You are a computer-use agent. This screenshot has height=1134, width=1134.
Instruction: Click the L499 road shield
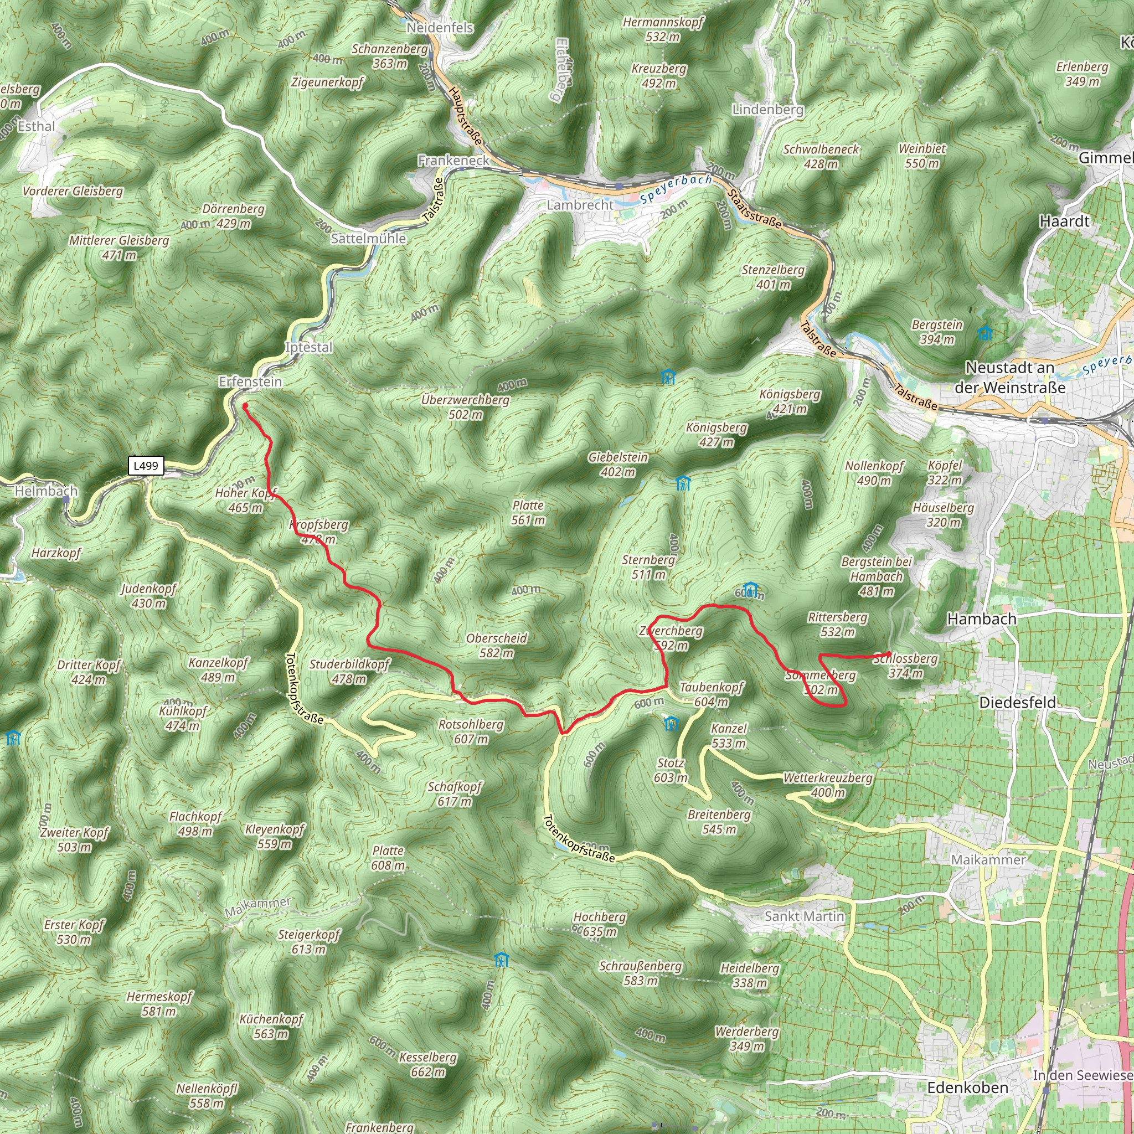point(146,466)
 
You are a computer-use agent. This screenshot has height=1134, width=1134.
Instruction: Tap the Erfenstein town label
point(251,382)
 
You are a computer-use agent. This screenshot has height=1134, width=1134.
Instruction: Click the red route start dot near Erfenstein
point(245,405)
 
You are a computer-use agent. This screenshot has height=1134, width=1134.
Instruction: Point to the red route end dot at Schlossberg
point(889,654)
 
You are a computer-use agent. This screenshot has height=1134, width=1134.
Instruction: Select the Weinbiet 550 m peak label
point(922,156)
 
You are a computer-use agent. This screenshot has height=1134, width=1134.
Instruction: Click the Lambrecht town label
point(580,205)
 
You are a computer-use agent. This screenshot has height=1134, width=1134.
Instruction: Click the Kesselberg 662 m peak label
point(428,1065)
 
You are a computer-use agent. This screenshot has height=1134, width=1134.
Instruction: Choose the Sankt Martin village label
point(804,916)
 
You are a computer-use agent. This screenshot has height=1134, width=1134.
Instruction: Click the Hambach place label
point(982,618)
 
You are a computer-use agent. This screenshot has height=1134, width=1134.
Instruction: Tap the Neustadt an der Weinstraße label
point(1009,378)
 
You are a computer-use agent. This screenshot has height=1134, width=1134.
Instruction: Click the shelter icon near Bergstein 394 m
point(985,334)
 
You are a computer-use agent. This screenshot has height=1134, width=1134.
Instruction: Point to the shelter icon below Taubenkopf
point(672,724)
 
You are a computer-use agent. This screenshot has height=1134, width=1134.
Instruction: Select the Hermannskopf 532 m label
point(663,29)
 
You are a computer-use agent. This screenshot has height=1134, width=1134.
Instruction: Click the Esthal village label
point(37,127)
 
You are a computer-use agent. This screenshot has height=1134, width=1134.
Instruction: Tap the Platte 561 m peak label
point(528,512)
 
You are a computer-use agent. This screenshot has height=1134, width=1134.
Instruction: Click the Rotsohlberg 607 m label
point(471,731)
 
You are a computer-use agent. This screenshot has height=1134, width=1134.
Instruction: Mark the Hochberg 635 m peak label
point(600,924)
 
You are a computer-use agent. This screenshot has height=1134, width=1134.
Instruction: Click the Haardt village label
point(1064,221)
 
